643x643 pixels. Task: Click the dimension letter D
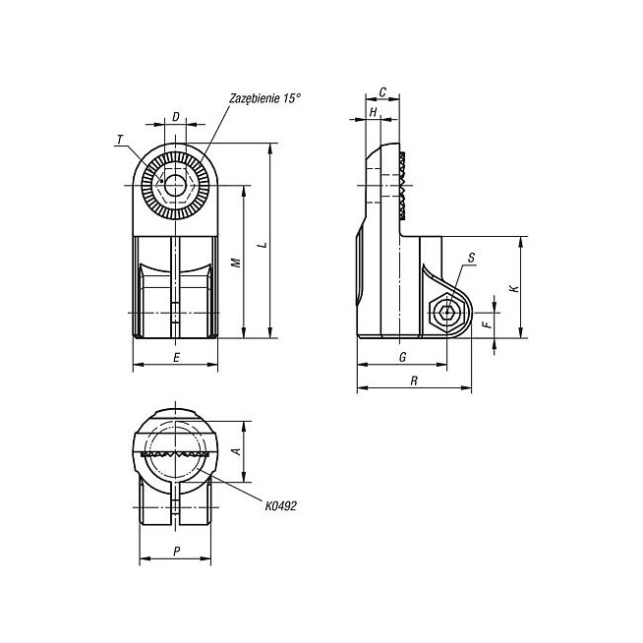(176, 117)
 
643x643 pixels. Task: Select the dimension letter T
(120, 141)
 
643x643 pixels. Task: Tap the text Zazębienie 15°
(264, 99)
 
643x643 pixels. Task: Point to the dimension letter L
(263, 245)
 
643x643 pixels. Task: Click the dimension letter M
(236, 263)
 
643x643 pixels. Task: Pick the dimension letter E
(176, 358)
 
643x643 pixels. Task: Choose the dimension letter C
(382, 92)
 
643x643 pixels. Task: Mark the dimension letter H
(373, 112)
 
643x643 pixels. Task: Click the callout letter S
(471, 258)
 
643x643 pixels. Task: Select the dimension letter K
(514, 288)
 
